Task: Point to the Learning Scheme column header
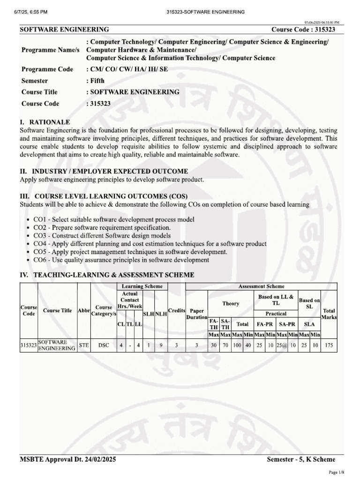[142, 286]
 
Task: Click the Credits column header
[177, 310]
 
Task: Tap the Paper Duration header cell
[197, 314]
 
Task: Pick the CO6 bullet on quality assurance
[121, 260]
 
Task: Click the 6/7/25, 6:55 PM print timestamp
[35, 12]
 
